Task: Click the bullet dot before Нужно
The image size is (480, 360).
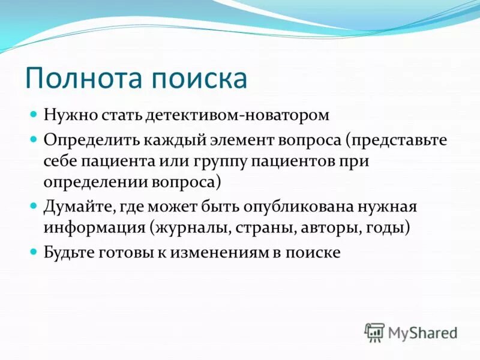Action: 34,113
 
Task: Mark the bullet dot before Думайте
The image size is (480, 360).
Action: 34,206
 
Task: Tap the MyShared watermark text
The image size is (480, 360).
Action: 422,332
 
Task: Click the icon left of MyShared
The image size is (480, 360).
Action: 374,332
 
